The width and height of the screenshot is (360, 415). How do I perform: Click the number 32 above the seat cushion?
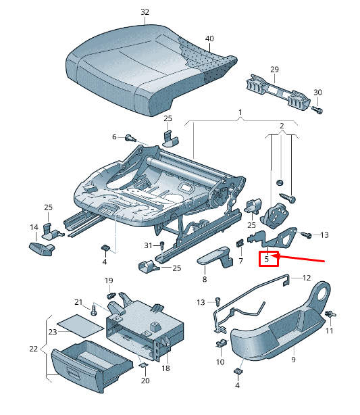(145, 12)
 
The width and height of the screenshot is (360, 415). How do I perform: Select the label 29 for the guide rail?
(274, 70)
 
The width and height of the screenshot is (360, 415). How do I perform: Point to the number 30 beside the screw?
(318, 93)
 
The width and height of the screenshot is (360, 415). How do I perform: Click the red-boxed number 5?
(267, 258)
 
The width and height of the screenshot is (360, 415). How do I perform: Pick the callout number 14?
(34, 227)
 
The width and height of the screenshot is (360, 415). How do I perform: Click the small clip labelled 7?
(240, 244)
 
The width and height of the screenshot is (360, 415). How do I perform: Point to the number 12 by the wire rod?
(306, 278)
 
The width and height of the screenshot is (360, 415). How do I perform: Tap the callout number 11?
(330, 331)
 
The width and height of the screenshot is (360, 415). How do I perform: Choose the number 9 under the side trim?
(293, 360)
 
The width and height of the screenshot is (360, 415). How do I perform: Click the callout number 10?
(220, 362)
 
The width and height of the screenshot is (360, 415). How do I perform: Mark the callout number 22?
(34, 349)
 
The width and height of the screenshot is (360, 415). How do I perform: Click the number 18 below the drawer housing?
(165, 368)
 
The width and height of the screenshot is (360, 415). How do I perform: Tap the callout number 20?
(145, 381)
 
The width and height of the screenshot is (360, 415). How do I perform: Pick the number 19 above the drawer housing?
(109, 280)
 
